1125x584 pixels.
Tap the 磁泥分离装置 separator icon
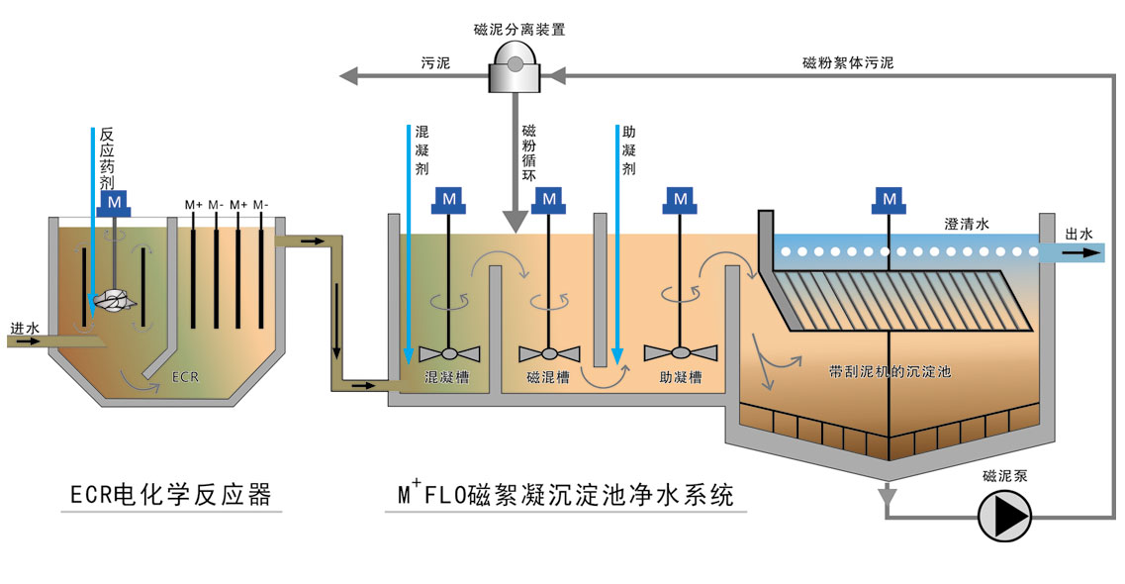(515, 70)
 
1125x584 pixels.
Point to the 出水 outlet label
(1079, 235)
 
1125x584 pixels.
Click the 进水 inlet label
(24, 328)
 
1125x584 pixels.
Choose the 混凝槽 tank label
(446, 377)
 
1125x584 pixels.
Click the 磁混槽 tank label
(548, 377)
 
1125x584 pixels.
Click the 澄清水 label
(967, 226)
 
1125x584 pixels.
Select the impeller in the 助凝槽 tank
(680, 352)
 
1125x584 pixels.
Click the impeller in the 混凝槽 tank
(449, 352)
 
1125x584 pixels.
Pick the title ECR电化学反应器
(171, 494)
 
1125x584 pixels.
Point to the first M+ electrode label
(193, 205)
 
